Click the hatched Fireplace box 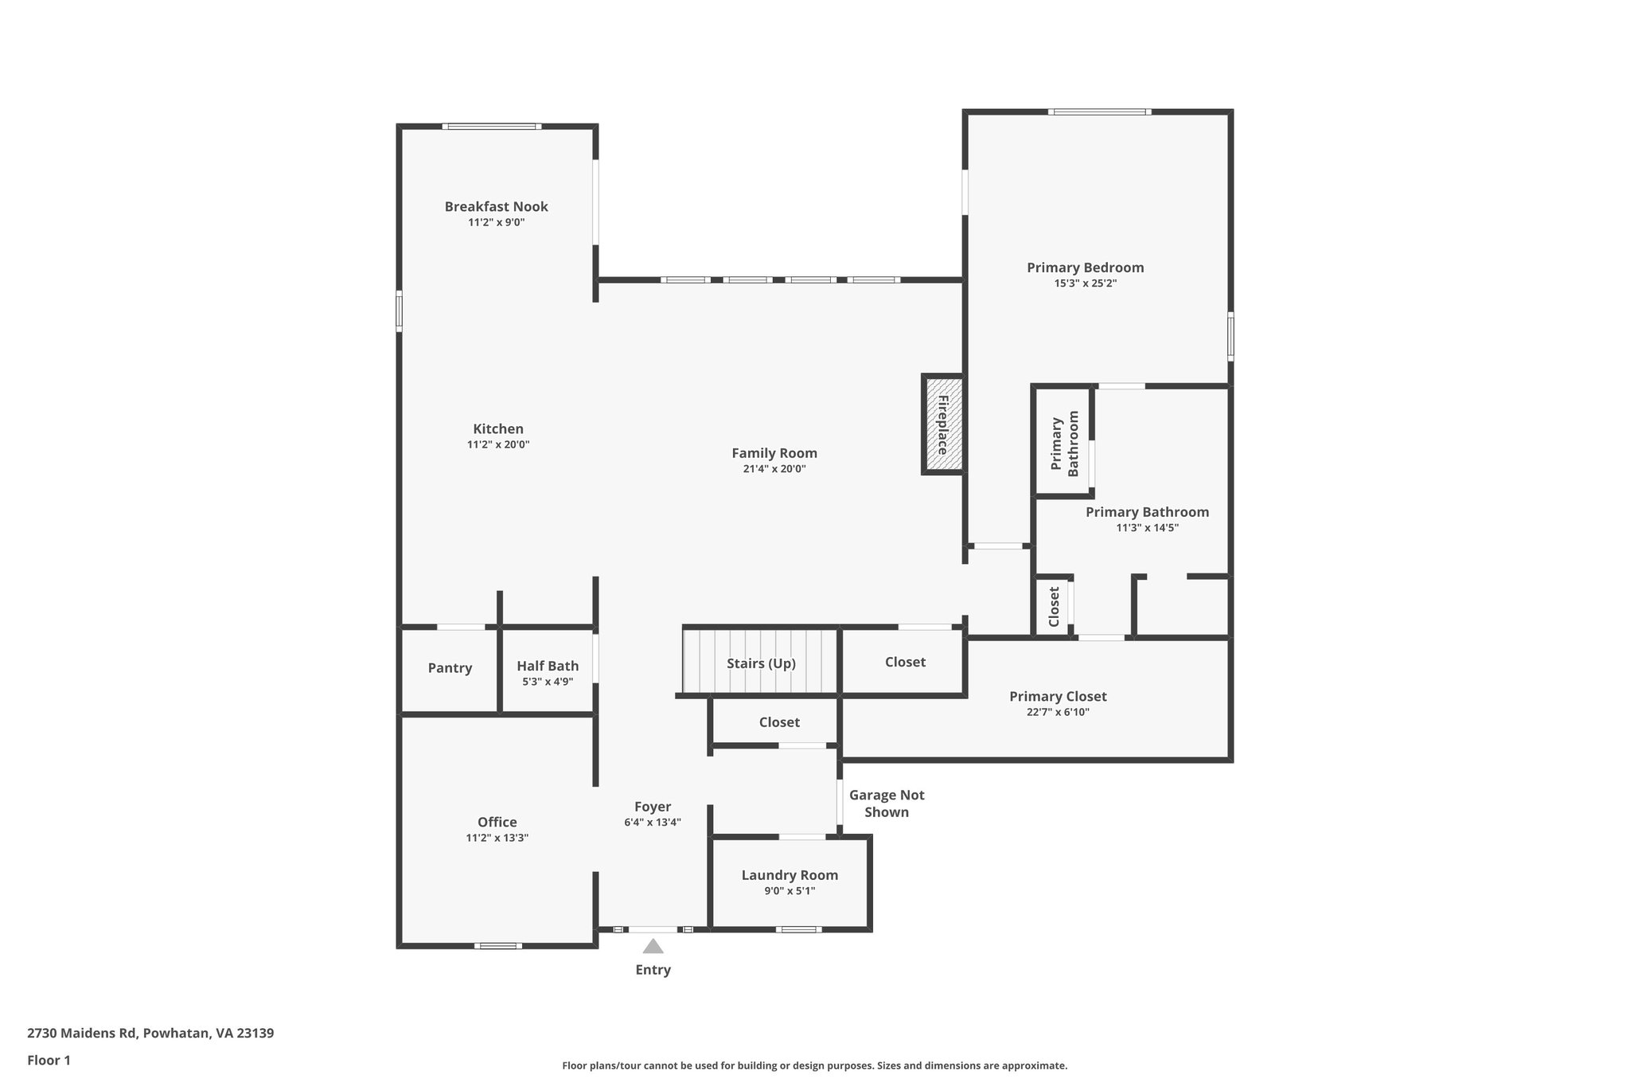(943, 424)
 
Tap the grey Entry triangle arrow (653, 946)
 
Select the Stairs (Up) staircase (761, 663)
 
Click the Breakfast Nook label (496, 206)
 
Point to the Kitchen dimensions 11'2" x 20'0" (498, 445)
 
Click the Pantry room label (450, 668)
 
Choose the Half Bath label (548, 666)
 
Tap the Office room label (497, 822)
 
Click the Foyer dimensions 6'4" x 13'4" (653, 823)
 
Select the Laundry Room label (790, 875)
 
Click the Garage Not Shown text (887, 804)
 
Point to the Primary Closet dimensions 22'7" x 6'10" (1058, 713)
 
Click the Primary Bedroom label (1085, 268)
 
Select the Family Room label (774, 453)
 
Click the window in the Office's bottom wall (498, 946)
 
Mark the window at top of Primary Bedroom (1099, 111)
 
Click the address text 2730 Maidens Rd (150, 1033)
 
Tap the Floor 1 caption (49, 1060)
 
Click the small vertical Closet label (1054, 607)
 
